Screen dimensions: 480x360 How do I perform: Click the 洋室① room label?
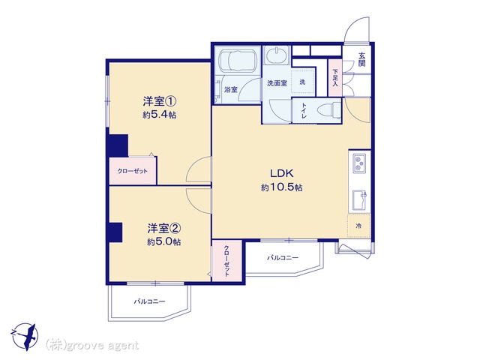[159, 101]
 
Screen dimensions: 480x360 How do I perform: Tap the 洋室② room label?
[163, 228]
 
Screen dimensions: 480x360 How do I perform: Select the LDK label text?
[282, 173]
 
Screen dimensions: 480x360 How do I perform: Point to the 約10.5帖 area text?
[282, 187]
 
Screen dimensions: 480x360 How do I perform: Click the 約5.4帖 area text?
[159, 115]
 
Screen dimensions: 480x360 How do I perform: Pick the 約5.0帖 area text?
[163, 241]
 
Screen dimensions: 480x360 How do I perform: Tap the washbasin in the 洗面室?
[277, 55]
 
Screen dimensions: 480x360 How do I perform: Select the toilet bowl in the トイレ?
[329, 110]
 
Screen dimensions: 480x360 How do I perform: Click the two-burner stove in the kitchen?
[358, 163]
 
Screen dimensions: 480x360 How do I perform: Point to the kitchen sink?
[360, 200]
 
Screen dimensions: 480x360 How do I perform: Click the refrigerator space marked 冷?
[358, 226]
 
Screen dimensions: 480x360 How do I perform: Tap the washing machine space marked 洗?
[302, 82]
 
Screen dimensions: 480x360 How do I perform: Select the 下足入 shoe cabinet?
[335, 77]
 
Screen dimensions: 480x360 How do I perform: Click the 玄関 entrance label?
[361, 59]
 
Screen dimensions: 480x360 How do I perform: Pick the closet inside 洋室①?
[133, 171]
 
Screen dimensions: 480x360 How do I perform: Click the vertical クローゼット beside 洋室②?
[226, 261]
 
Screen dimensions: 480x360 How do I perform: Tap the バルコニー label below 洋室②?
[149, 301]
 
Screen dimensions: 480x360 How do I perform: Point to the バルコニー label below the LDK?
[283, 258]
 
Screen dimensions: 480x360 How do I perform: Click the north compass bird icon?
[27, 337]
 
